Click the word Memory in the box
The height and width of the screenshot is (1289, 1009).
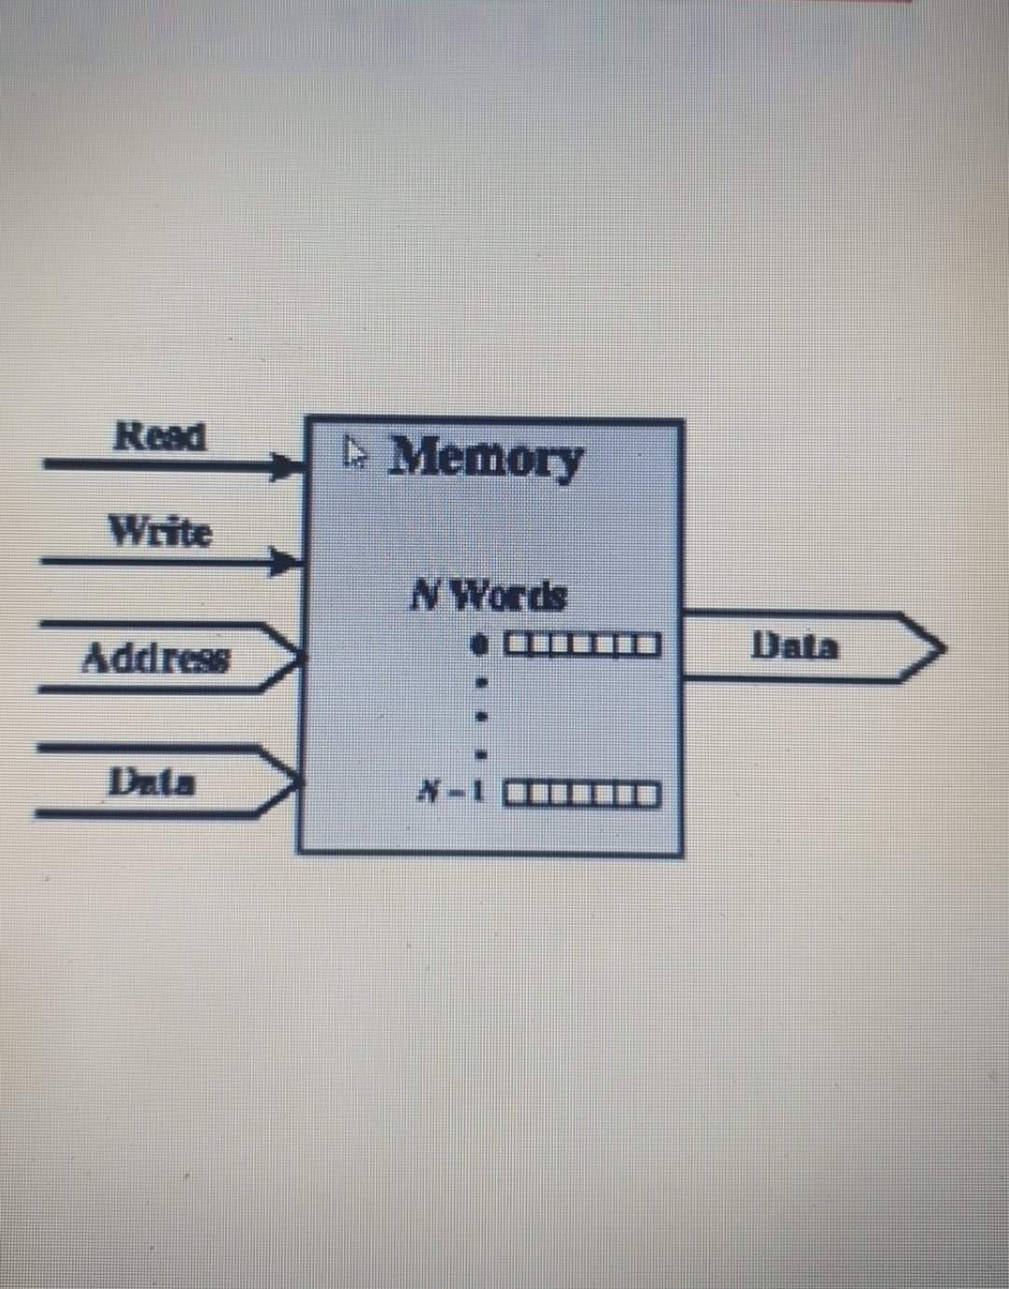coord(486,458)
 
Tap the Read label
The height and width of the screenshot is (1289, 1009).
coord(159,436)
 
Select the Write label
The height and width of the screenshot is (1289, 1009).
coord(161,532)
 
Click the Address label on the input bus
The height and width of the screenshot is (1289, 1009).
coord(155,659)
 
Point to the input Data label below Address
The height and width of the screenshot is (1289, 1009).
coord(152,781)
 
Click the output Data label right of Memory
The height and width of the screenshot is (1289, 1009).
coord(796,646)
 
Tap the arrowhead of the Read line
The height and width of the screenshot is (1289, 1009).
coord(288,465)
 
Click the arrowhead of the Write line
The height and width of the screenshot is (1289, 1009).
coord(288,562)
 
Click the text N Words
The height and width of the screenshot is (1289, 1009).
coord(490,594)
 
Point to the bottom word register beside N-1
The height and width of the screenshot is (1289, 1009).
coord(583,796)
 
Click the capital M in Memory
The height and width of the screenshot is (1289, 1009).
coord(415,455)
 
